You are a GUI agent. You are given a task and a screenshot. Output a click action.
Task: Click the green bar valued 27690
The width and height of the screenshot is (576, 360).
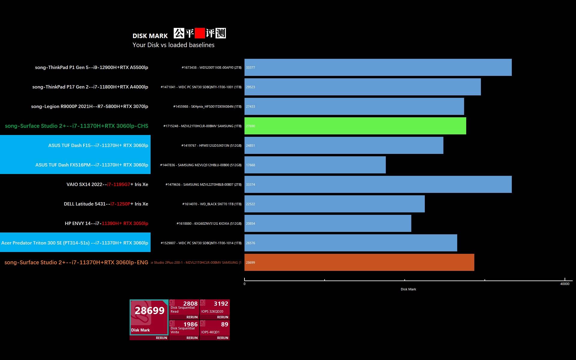[x=355, y=126]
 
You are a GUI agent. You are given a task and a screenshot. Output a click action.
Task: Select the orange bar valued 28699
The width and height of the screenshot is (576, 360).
[x=359, y=262]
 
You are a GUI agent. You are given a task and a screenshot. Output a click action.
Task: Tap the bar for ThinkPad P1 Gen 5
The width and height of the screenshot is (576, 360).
[x=378, y=67]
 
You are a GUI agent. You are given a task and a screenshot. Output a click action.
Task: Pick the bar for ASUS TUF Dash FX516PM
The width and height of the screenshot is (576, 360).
[x=315, y=165]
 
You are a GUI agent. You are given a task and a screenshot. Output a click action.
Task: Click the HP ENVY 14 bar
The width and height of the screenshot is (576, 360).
[x=328, y=223]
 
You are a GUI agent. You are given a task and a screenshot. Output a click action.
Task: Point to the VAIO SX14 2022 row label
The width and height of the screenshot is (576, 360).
[x=107, y=184]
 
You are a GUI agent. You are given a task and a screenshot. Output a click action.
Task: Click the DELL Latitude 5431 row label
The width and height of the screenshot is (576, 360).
[x=106, y=204]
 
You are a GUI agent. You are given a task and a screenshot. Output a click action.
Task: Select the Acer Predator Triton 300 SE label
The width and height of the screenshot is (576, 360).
[x=75, y=243]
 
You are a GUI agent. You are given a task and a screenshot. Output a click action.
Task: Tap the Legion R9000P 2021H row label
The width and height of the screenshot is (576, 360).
[x=89, y=106]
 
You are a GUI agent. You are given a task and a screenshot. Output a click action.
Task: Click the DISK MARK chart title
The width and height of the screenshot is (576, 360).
[x=150, y=36]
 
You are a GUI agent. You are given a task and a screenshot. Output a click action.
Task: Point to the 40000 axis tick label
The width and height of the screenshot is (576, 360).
[x=565, y=284]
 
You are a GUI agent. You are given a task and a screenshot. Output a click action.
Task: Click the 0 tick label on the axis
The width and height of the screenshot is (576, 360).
[x=244, y=284]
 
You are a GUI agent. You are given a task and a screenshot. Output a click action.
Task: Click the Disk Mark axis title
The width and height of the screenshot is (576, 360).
[x=408, y=289]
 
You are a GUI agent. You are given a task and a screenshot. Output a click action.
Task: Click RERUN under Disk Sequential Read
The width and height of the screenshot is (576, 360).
[x=192, y=317]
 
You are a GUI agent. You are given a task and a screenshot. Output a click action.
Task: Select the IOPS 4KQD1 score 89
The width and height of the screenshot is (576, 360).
[x=224, y=324]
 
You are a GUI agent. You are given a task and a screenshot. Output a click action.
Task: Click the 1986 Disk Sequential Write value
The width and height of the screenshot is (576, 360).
[x=190, y=324]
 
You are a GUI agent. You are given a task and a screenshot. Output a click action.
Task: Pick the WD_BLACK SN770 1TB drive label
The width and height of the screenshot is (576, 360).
[x=212, y=204]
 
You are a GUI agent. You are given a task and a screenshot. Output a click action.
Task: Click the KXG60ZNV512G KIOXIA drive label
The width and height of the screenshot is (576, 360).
[x=209, y=223]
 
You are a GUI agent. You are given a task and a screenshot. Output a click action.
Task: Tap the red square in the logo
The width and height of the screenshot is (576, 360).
[x=199, y=33]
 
